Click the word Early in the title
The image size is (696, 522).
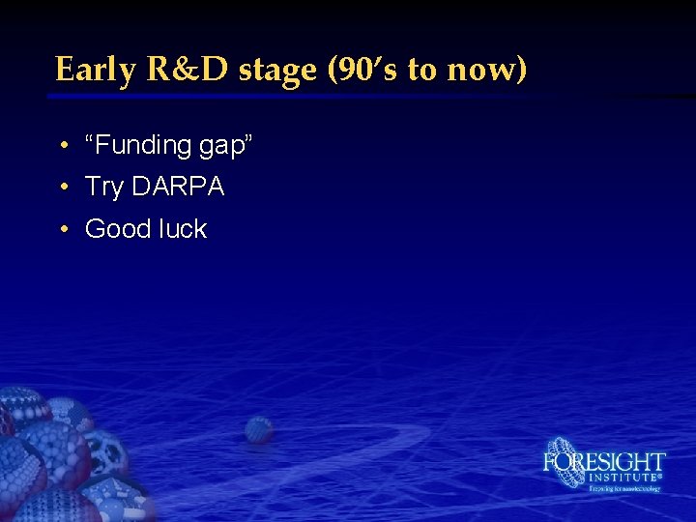point(93,70)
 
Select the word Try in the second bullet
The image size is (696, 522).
point(104,188)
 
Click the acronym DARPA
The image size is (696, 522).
point(178,187)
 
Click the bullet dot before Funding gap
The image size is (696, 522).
point(62,146)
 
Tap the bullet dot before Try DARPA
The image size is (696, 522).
point(62,188)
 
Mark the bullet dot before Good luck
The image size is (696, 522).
point(62,230)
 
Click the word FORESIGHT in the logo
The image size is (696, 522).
point(604,461)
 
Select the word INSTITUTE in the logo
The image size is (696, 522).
point(623,478)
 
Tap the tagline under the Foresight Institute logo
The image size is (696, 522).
point(624,489)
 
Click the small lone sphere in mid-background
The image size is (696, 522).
point(258,429)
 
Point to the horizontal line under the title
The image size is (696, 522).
point(290,96)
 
